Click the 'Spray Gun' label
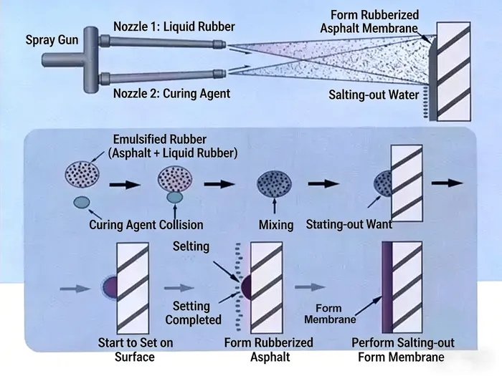52,40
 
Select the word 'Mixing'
276,225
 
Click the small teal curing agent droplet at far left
82,202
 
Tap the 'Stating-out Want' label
349,224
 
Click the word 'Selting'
191,246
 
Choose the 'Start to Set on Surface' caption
136,350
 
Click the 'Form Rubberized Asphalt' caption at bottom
268,350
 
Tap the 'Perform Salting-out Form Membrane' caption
403,350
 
